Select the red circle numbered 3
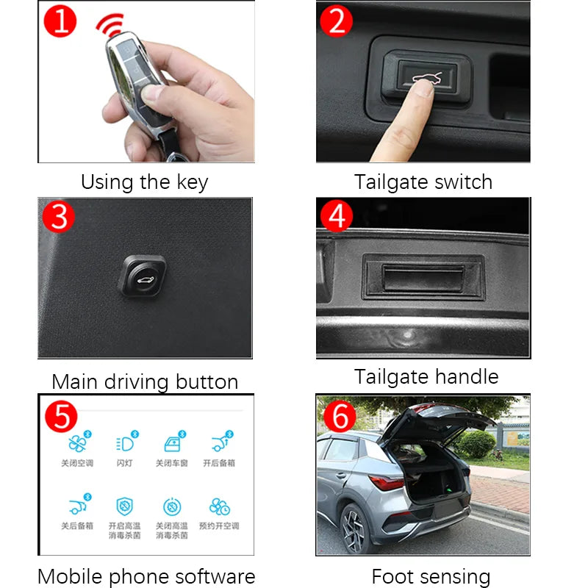tap(60, 218)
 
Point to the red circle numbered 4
tap(337, 216)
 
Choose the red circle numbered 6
tap(339, 417)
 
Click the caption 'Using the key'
tap(145, 182)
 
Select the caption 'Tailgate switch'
tap(423, 182)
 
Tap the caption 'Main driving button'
tap(145, 382)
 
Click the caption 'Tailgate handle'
tap(426, 377)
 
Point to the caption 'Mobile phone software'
tap(146, 576)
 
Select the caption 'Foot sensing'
tap(431, 576)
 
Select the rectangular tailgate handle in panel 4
tap(423, 277)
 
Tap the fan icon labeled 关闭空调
tap(76, 444)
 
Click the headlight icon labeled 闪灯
tap(123, 444)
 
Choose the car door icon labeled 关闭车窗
tap(171, 444)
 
